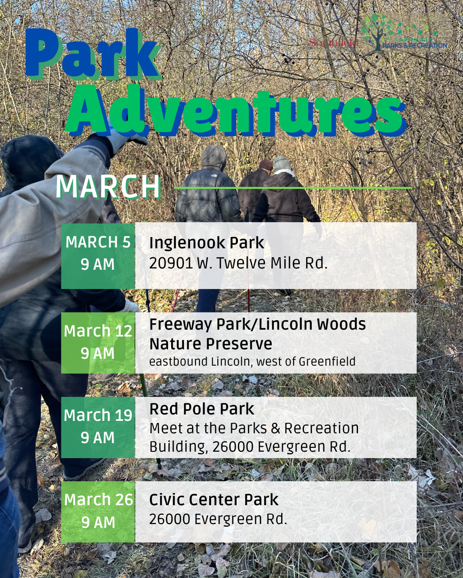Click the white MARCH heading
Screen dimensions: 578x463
(108, 187)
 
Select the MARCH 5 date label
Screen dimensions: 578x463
(98, 242)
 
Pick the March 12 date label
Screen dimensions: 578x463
(98, 331)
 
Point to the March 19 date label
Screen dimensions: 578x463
(98, 415)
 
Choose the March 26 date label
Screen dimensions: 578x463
(98, 500)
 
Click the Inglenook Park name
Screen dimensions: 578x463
(206, 243)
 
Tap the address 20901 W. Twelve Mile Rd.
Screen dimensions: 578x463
(238, 263)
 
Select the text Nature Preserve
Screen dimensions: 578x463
(210, 344)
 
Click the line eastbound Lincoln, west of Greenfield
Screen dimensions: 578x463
(252, 362)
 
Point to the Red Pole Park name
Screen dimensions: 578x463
(201, 409)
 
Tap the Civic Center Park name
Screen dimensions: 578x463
(213, 500)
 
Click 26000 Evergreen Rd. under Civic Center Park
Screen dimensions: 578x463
(218, 519)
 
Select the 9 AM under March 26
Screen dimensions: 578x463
(98, 522)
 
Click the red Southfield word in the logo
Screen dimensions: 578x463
(334, 43)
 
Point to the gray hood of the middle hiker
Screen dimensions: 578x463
(214, 157)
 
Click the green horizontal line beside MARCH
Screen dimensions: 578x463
(293, 188)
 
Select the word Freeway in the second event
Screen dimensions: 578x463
(180, 325)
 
